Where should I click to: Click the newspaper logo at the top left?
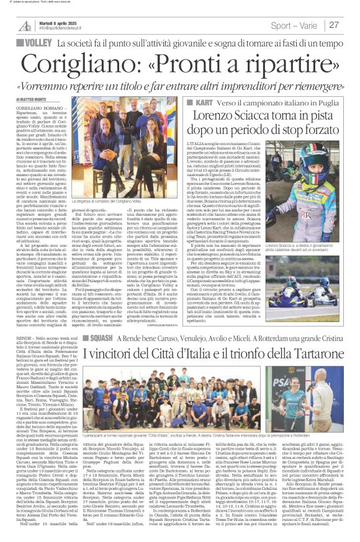click(x=24, y=25)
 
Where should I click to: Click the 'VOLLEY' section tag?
click(x=39, y=44)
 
